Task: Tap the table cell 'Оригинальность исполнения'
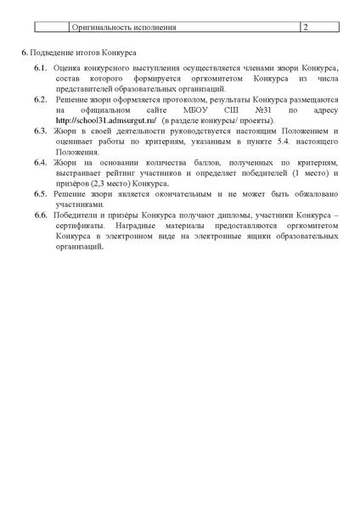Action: coord(124,27)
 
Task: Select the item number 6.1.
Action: coord(40,66)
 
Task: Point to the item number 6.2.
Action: coord(40,99)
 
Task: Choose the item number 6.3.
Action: coord(40,132)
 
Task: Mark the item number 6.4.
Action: coord(40,161)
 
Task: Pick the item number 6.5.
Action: coord(40,194)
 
